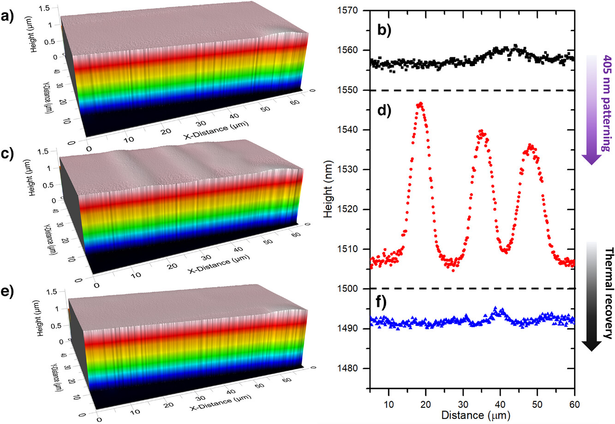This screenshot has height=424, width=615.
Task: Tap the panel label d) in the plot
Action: [384, 111]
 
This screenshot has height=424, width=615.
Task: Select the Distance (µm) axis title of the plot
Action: [476, 415]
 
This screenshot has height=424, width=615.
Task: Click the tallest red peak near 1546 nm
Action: [420, 105]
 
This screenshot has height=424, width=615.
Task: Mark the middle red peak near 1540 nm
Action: [481, 132]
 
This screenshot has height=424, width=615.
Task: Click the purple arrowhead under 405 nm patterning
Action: [593, 159]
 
